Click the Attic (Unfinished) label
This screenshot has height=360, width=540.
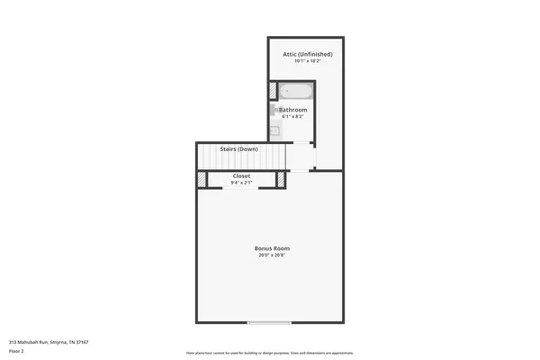click(307, 54)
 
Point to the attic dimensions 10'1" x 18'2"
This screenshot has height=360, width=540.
click(307, 61)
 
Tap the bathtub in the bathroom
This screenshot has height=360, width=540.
click(295, 91)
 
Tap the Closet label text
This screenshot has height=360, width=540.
click(241, 175)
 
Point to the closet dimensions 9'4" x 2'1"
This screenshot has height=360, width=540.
click(241, 183)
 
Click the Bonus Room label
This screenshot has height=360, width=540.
click(270, 248)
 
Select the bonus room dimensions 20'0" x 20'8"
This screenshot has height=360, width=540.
click(270, 256)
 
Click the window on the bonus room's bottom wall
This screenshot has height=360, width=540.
click(270, 322)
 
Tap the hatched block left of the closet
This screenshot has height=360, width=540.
click(202, 180)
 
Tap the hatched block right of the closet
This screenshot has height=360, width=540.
click(281, 180)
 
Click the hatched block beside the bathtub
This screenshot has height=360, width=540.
click(272, 91)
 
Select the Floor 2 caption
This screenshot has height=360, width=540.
click(16, 351)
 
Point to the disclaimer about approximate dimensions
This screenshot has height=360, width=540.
click(270, 353)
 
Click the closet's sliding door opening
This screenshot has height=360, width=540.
click(241, 189)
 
